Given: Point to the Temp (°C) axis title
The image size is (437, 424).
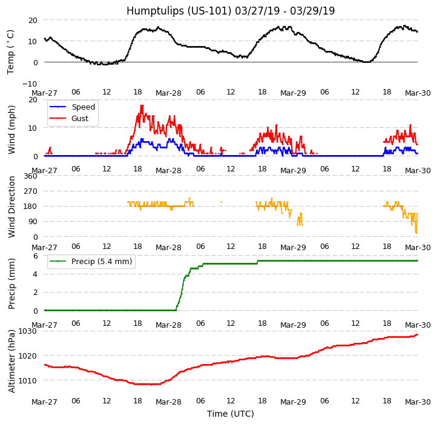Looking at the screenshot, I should coord(11,51).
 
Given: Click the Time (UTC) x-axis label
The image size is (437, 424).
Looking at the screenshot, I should coord(231,414).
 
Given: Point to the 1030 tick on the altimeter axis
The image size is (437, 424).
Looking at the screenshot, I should coord(28,331).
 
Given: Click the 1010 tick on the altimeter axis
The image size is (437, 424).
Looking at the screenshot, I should coord(28,380).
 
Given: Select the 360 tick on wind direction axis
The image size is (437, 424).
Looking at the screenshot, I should coord(30,176).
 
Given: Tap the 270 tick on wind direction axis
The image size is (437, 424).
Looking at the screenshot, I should coord(30,191).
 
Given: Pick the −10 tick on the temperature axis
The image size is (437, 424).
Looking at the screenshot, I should coord(29,84).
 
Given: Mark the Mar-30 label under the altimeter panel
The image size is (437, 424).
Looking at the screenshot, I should coord(418,402).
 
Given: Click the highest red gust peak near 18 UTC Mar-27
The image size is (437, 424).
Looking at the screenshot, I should coord(142,106).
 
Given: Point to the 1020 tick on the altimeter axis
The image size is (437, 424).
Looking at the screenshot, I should coord(28,356).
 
